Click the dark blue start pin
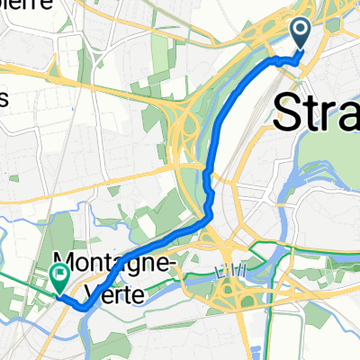(301, 33)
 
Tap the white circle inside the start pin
(301, 31)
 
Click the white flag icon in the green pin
(61, 274)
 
